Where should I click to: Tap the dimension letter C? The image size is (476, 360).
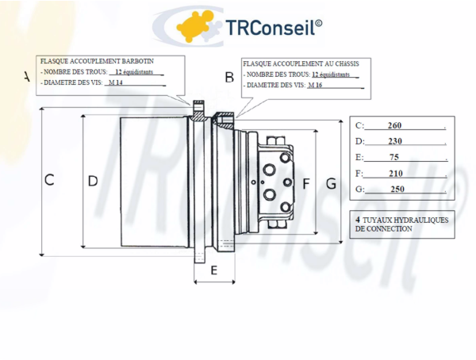point(49,180)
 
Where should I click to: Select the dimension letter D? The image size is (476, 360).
point(93,181)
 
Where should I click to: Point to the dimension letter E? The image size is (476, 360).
point(213,270)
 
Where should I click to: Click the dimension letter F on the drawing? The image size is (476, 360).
point(306,184)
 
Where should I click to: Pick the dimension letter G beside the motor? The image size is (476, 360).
point(331,184)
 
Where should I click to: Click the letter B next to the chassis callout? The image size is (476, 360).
point(229,77)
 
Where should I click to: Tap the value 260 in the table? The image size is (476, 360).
point(395,126)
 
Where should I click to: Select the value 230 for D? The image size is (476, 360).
point(395,141)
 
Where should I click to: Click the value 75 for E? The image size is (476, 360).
point(395,157)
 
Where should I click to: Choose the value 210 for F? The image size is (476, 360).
point(395,173)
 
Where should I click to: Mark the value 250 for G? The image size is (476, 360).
point(397,189)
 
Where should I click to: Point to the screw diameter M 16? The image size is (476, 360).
point(315,85)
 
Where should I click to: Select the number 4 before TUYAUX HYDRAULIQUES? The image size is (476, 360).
point(358,218)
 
